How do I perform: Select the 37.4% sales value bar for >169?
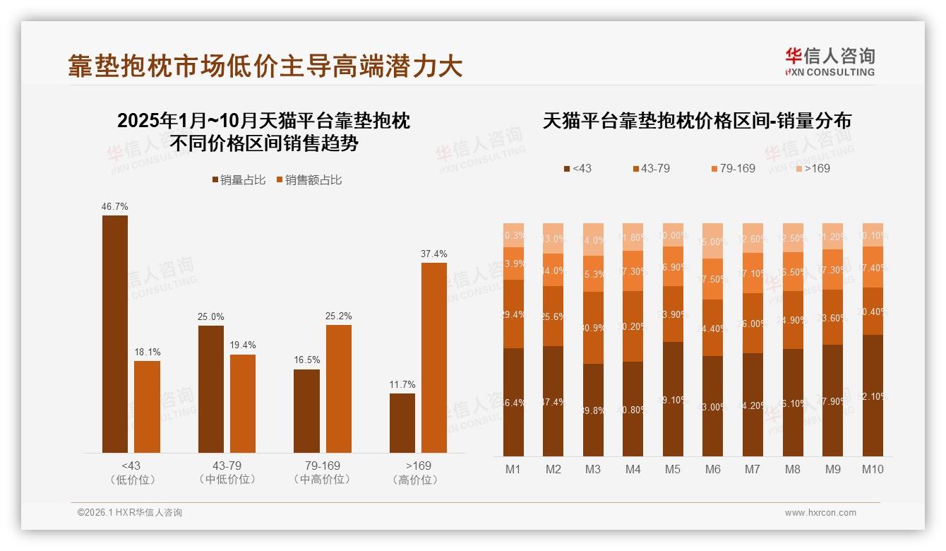coord(434,357)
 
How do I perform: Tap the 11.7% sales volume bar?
coord(402,423)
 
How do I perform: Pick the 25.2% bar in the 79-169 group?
coord(339,389)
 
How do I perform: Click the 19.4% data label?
coord(242,345)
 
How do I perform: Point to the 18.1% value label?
coord(147,352)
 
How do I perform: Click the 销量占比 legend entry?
coord(239,180)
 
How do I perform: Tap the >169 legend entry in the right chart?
coord(813,168)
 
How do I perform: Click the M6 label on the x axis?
coord(713,469)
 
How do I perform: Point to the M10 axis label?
coord(873,469)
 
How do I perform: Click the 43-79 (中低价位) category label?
coord(227,473)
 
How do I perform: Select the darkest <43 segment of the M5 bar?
coord(673,399)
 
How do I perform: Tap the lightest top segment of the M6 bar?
coord(713,241)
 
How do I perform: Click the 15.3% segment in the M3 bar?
coord(593,273)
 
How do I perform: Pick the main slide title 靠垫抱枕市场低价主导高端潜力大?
coord(265,66)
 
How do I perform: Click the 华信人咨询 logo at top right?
coord(830,61)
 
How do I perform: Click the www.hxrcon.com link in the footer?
coord(820,513)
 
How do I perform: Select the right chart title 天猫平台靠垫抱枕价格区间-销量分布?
coord(697,121)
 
